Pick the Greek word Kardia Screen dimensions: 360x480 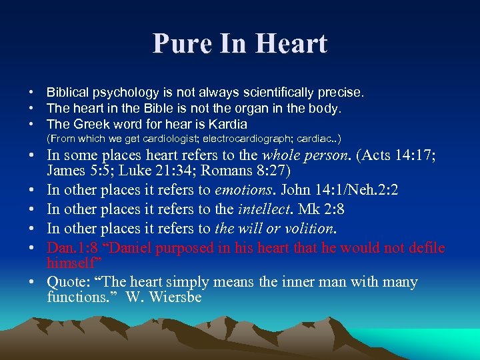point(228,124)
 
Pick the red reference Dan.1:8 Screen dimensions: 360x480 point(75,248)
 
